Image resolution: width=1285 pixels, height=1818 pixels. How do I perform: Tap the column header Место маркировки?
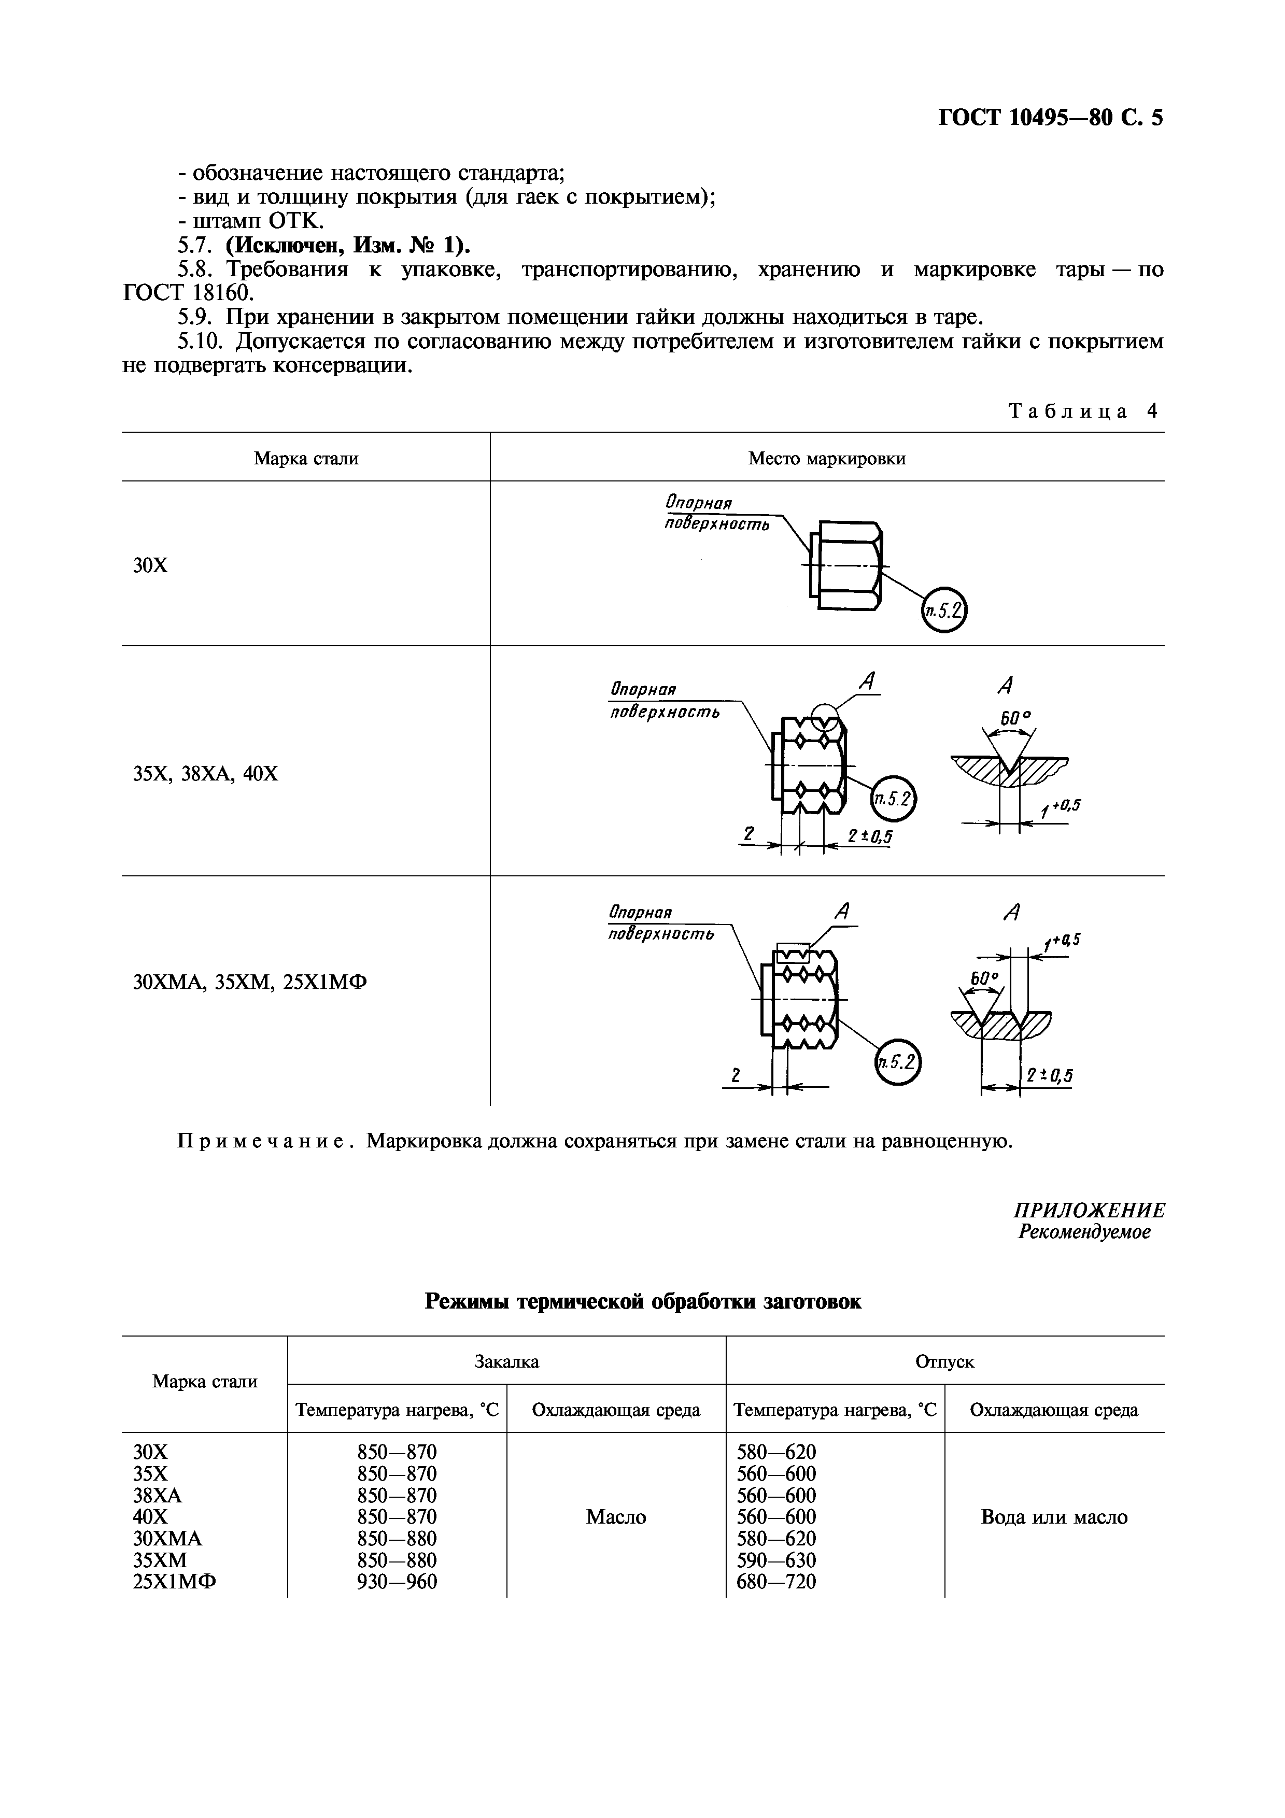[827, 459]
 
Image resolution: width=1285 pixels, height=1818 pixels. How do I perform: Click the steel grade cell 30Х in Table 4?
[150, 565]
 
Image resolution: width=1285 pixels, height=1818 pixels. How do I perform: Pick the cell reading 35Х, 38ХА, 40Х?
[206, 774]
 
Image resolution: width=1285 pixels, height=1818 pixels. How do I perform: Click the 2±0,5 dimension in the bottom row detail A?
[1049, 1075]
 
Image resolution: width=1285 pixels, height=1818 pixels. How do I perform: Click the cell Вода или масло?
[1054, 1517]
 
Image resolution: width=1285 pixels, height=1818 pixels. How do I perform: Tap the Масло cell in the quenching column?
[616, 1517]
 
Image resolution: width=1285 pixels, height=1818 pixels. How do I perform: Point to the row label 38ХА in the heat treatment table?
[158, 1495]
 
